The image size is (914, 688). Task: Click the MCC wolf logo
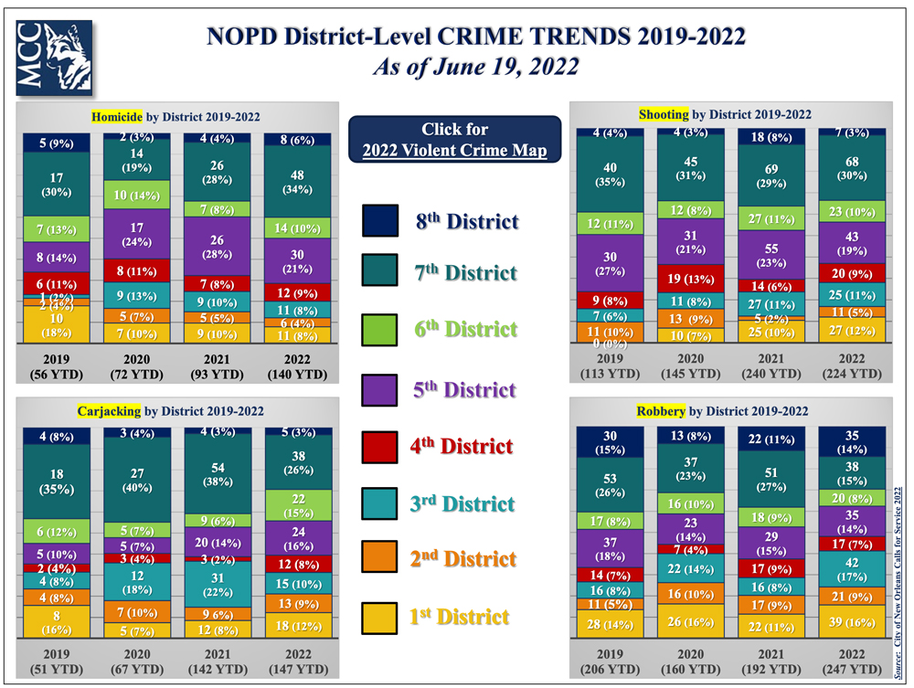54,58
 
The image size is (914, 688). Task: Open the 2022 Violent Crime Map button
454,140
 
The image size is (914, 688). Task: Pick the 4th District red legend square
380,446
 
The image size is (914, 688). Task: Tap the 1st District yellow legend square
380,617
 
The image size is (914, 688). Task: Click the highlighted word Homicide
116,117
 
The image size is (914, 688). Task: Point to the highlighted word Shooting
663,114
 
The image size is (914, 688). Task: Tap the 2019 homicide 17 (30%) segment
56,184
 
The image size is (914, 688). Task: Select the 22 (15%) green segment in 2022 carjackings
297,504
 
